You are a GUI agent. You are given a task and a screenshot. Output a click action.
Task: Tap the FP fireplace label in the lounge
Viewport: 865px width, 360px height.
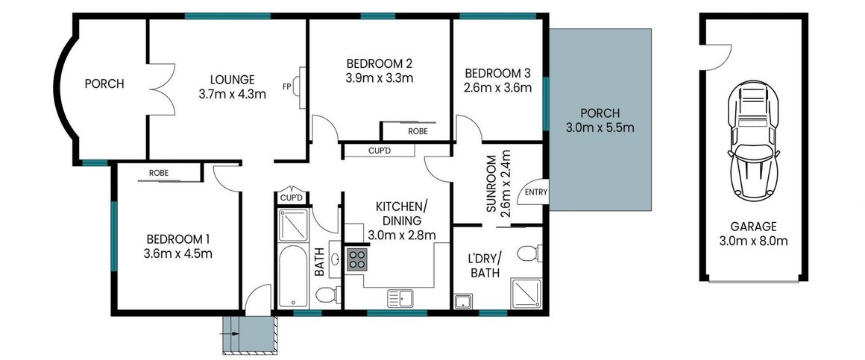[x=286, y=86]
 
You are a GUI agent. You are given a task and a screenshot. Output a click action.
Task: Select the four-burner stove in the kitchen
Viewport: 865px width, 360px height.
[x=356, y=259]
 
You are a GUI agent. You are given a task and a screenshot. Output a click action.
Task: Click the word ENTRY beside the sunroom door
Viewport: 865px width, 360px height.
[x=535, y=192]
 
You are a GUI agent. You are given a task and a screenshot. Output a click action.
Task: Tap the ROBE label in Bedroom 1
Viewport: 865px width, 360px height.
[x=158, y=173]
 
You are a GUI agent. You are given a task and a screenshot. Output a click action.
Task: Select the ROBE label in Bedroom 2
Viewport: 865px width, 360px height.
[x=418, y=131]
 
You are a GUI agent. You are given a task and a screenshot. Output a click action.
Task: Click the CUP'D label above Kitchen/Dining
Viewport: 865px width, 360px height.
[x=380, y=150]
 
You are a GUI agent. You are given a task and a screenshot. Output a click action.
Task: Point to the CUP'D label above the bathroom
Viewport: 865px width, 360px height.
[x=291, y=198]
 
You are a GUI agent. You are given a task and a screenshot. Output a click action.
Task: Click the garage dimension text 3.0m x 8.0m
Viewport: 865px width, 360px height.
[x=753, y=241]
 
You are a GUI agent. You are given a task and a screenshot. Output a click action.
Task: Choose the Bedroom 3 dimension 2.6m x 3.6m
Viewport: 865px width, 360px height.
[x=497, y=87]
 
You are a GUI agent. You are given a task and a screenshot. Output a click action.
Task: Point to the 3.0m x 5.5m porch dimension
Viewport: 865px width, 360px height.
[x=600, y=127]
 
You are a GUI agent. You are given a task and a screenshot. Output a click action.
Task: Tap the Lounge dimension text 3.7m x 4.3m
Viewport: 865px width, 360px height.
[x=232, y=94]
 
